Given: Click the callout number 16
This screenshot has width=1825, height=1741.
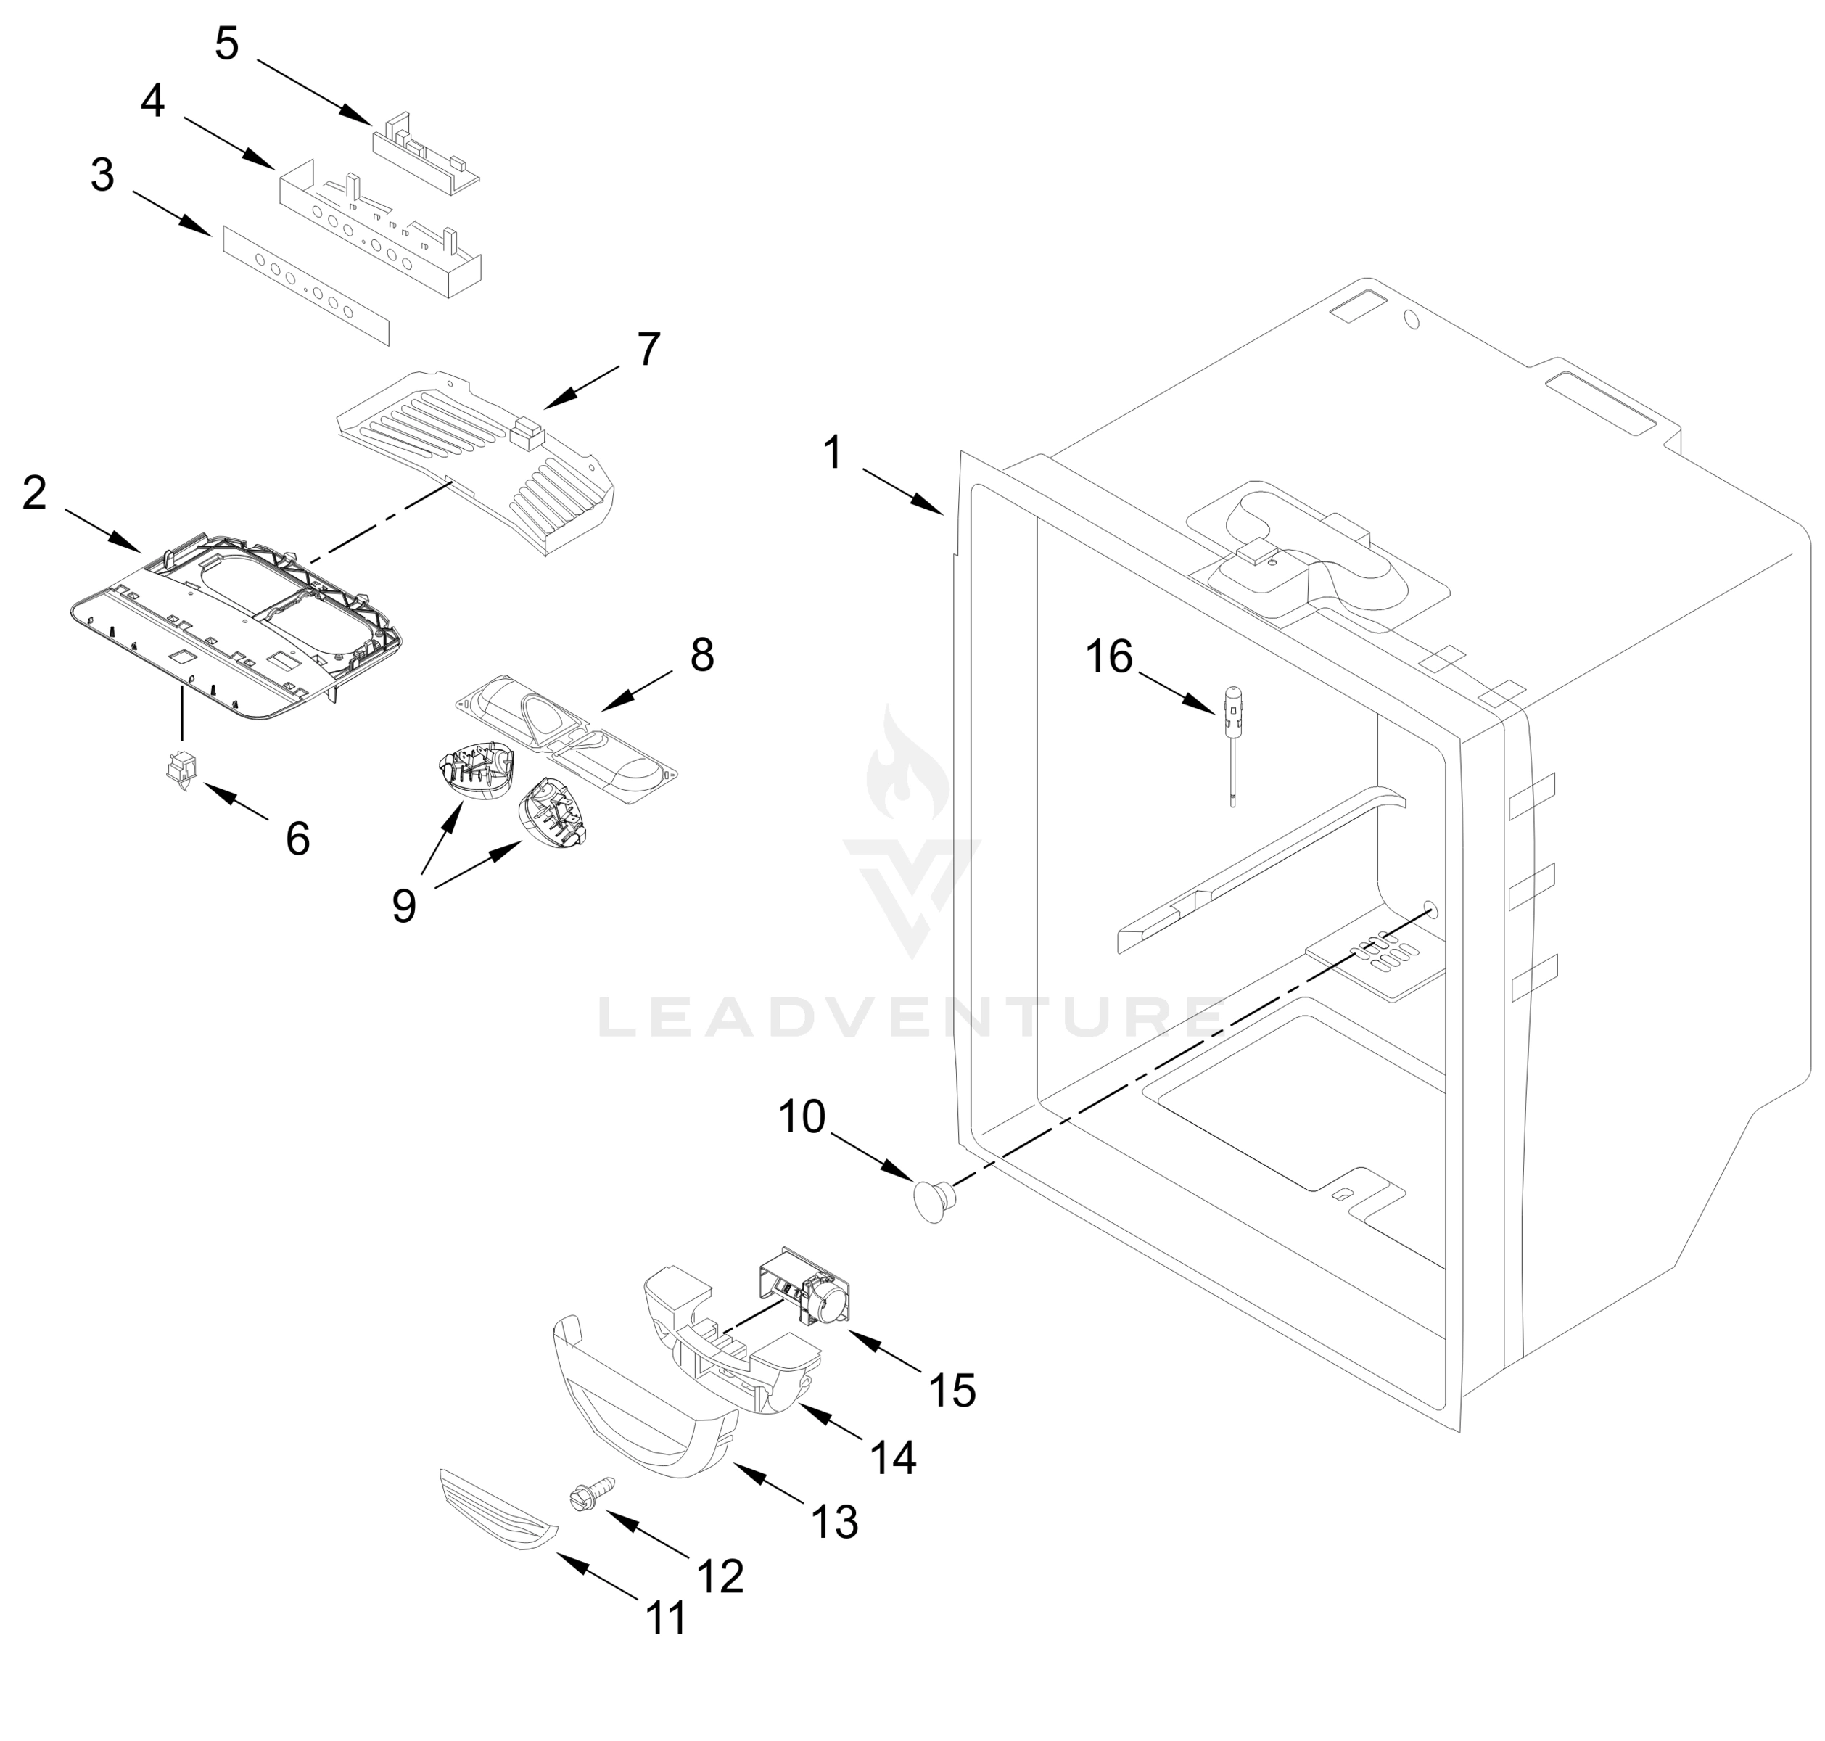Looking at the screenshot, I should [1109, 657].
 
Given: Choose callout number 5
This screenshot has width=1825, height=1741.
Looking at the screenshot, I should [227, 44].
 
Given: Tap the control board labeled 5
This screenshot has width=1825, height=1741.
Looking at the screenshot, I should [425, 152].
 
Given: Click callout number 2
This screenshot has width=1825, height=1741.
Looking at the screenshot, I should [34, 493].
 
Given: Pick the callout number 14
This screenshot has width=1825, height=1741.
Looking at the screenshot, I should [892, 1458].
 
